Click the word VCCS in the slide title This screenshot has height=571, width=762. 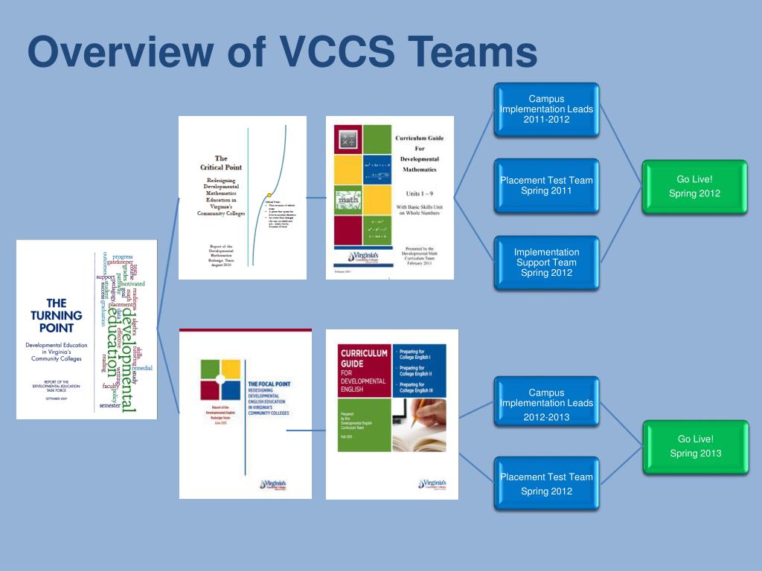pyautogui.click(x=336, y=53)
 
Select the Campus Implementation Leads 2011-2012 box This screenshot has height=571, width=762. pyautogui.click(x=546, y=110)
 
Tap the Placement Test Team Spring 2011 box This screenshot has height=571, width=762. pyautogui.click(x=546, y=186)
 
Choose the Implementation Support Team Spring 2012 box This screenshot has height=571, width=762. pyautogui.click(x=546, y=262)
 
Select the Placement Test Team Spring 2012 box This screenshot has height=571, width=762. pyautogui.click(x=546, y=483)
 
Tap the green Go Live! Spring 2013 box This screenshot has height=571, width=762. pyautogui.click(x=694, y=446)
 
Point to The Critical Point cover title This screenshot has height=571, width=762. pyautogui.click(x=221, y=163)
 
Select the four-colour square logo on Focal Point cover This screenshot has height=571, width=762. pyautogui.click(x=220, y=378)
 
